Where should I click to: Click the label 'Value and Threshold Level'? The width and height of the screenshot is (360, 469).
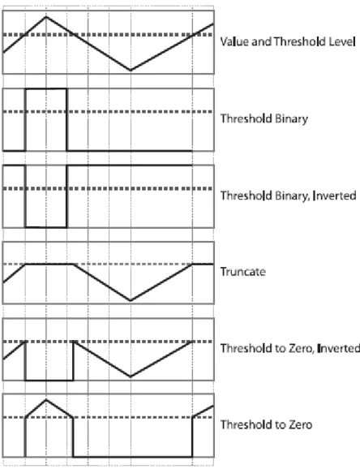(x=288, y=41)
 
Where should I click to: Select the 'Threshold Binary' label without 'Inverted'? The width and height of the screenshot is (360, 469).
(x=264, y=118)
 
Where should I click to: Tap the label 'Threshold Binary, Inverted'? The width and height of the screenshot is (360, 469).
(x=288, y=196)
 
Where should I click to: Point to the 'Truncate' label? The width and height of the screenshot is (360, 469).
(x=242, y=272)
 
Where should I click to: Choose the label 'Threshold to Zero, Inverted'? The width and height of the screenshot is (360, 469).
(x=290, y=348)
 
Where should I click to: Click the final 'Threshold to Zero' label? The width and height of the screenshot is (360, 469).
(x=266, y=424)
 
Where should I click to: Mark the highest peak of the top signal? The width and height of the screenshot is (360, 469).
(x=46, y=16)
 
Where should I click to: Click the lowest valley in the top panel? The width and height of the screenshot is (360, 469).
(x=131, y=71)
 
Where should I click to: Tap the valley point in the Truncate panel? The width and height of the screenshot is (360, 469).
(x=131, y=300)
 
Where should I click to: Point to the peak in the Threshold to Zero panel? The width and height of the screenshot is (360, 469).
(x=46, y=399)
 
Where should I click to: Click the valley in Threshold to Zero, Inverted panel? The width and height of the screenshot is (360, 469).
(x=131, y=376)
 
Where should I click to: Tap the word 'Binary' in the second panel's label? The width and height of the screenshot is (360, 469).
(x=291, y=119)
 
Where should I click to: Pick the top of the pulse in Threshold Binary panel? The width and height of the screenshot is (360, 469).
(x=46, y=88)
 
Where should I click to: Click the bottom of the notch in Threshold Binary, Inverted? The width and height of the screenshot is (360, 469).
(x=46, y=227)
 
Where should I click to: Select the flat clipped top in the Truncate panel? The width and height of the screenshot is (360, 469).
(x=49, y=264)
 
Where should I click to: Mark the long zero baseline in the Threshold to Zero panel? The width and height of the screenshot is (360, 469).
(x=132, y=457)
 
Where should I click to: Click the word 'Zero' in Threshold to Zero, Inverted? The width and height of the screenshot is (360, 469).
(x=299, y=348)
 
